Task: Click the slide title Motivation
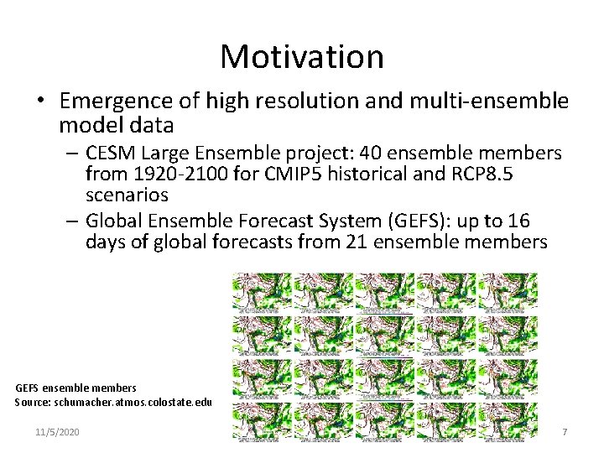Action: pyautogui.click(x=302, y=56)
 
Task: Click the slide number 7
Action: pyautogui.click(x=564, y=431)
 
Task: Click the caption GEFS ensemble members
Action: pyautogui.click(x=75, y=388)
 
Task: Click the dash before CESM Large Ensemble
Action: pyautogui.click(x=71, y=154)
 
